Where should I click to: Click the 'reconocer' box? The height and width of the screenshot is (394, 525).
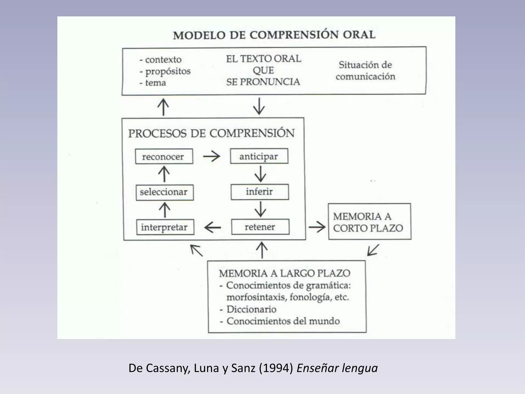click(x=164, y=156)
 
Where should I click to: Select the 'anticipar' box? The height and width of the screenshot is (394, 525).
click(x=259, y=156)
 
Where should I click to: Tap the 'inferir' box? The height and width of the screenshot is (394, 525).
click(x=259, y=192)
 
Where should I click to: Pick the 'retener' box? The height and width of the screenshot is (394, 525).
click(x=260, y=227)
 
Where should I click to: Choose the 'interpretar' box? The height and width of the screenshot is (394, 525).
click(x=165, y=227)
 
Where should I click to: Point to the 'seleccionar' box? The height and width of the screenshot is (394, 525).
click(x=164, y=192)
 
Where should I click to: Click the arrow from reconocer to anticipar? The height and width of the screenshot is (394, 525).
click(x=211, y=156)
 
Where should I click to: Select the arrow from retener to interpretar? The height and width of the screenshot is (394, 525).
click(x=213, y=227)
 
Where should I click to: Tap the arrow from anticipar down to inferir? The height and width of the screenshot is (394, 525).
click(x=260, y=174)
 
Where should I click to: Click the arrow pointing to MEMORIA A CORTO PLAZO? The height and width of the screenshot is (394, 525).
click(x=317, y=227)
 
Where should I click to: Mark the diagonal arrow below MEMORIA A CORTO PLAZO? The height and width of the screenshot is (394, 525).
click(x=373, y=250)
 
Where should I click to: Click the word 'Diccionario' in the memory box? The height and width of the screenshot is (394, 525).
click(x=251, y=309)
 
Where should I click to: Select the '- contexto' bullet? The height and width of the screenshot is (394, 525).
click(x=160, y=60)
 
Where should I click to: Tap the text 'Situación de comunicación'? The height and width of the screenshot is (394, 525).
click(x=365, y=71)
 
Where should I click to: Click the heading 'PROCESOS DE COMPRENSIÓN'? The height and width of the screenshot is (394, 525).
click(x=211, y=133)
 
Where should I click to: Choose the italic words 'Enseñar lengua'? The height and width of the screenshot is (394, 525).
click(x=337, y=368)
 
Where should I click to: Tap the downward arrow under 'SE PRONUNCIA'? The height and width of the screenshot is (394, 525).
click(x=259, y=106)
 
